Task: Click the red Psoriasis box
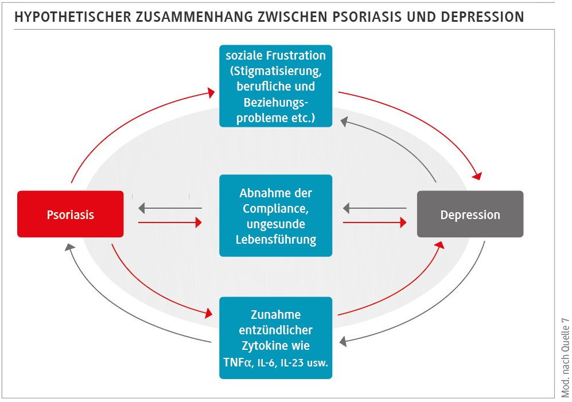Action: tap(70, 214)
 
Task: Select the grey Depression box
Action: tap(470, 214)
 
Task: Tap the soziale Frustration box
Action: tap(276, 86)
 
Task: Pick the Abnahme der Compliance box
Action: tap(276, 216)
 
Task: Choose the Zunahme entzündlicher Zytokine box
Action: tap(276, 338)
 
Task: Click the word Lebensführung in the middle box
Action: tap(276, 239)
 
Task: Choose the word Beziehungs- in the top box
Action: tap(276, 103)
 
